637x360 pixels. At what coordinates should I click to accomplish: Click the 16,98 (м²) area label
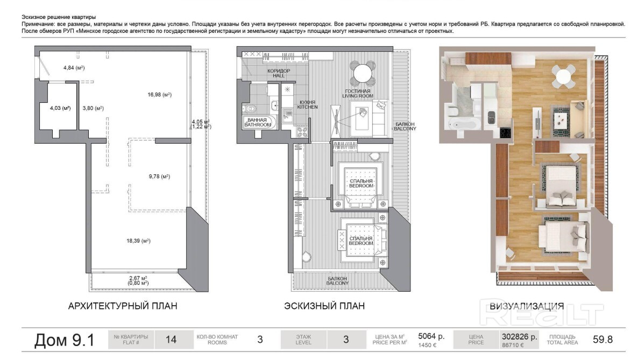159,95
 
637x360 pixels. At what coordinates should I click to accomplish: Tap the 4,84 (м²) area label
74,67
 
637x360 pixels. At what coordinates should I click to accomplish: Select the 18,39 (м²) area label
138,241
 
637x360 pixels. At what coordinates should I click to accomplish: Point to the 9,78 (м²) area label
159,177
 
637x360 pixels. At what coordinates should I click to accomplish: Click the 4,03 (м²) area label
60,108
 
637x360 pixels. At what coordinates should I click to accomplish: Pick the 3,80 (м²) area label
93,108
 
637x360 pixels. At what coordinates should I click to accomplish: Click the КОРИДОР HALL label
279,73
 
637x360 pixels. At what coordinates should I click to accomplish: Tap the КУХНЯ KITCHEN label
307,104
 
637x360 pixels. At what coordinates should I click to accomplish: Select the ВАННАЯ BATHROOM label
258,122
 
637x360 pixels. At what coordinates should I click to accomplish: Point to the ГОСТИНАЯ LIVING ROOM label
357,94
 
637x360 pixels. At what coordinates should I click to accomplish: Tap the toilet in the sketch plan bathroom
251,108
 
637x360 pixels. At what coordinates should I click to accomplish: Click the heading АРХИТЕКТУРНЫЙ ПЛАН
123,306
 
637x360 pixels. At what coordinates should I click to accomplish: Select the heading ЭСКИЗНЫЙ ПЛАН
324,306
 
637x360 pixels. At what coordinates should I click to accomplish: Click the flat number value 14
171,339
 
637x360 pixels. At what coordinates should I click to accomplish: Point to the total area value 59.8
603,339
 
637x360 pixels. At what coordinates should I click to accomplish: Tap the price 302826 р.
519,336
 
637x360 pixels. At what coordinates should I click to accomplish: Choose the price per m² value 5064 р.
431,336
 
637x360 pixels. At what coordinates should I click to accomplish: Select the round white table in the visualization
563,76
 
